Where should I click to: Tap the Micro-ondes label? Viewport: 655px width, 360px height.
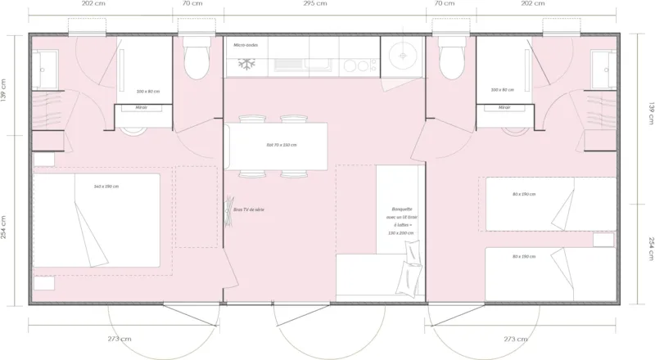click(246, 45)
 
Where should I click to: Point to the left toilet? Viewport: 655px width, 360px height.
click(196, 60)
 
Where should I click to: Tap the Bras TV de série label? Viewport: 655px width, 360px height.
click(248, 209)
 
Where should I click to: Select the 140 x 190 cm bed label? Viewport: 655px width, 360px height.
click(106, 187)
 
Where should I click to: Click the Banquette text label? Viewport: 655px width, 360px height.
click(401, 209)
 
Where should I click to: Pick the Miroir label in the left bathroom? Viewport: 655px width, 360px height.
click(142, 107)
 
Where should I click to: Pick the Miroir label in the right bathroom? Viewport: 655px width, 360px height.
click(504, 107)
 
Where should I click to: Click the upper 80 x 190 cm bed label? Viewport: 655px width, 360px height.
click(523, 194)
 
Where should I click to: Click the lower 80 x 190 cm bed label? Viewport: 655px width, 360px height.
click(523, 257)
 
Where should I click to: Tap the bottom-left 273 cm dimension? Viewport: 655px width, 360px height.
click(119, 338)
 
